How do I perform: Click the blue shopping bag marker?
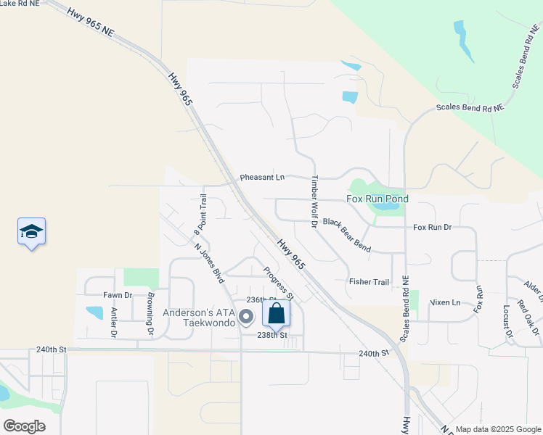[x=276, y=314]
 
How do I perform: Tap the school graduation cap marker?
[x=31, y=232]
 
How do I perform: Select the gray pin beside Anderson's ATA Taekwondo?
[x=246, y=316]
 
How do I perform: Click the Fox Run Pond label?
[x=377, y=199]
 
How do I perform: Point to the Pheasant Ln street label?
[x=263, y=177]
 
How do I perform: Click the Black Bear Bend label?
[x=347, y=235]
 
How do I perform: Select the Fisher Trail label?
[x=369, y=281]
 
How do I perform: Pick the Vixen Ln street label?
[x=445, y=302]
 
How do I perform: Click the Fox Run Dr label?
[x=433, y=227]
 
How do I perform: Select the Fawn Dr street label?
[x=118, y=295]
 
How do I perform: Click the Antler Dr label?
[x=114, y=323]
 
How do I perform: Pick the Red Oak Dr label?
[x=528, y=317]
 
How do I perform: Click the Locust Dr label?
[x=507, y=320]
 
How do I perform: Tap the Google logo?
[x=24, y=426]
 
